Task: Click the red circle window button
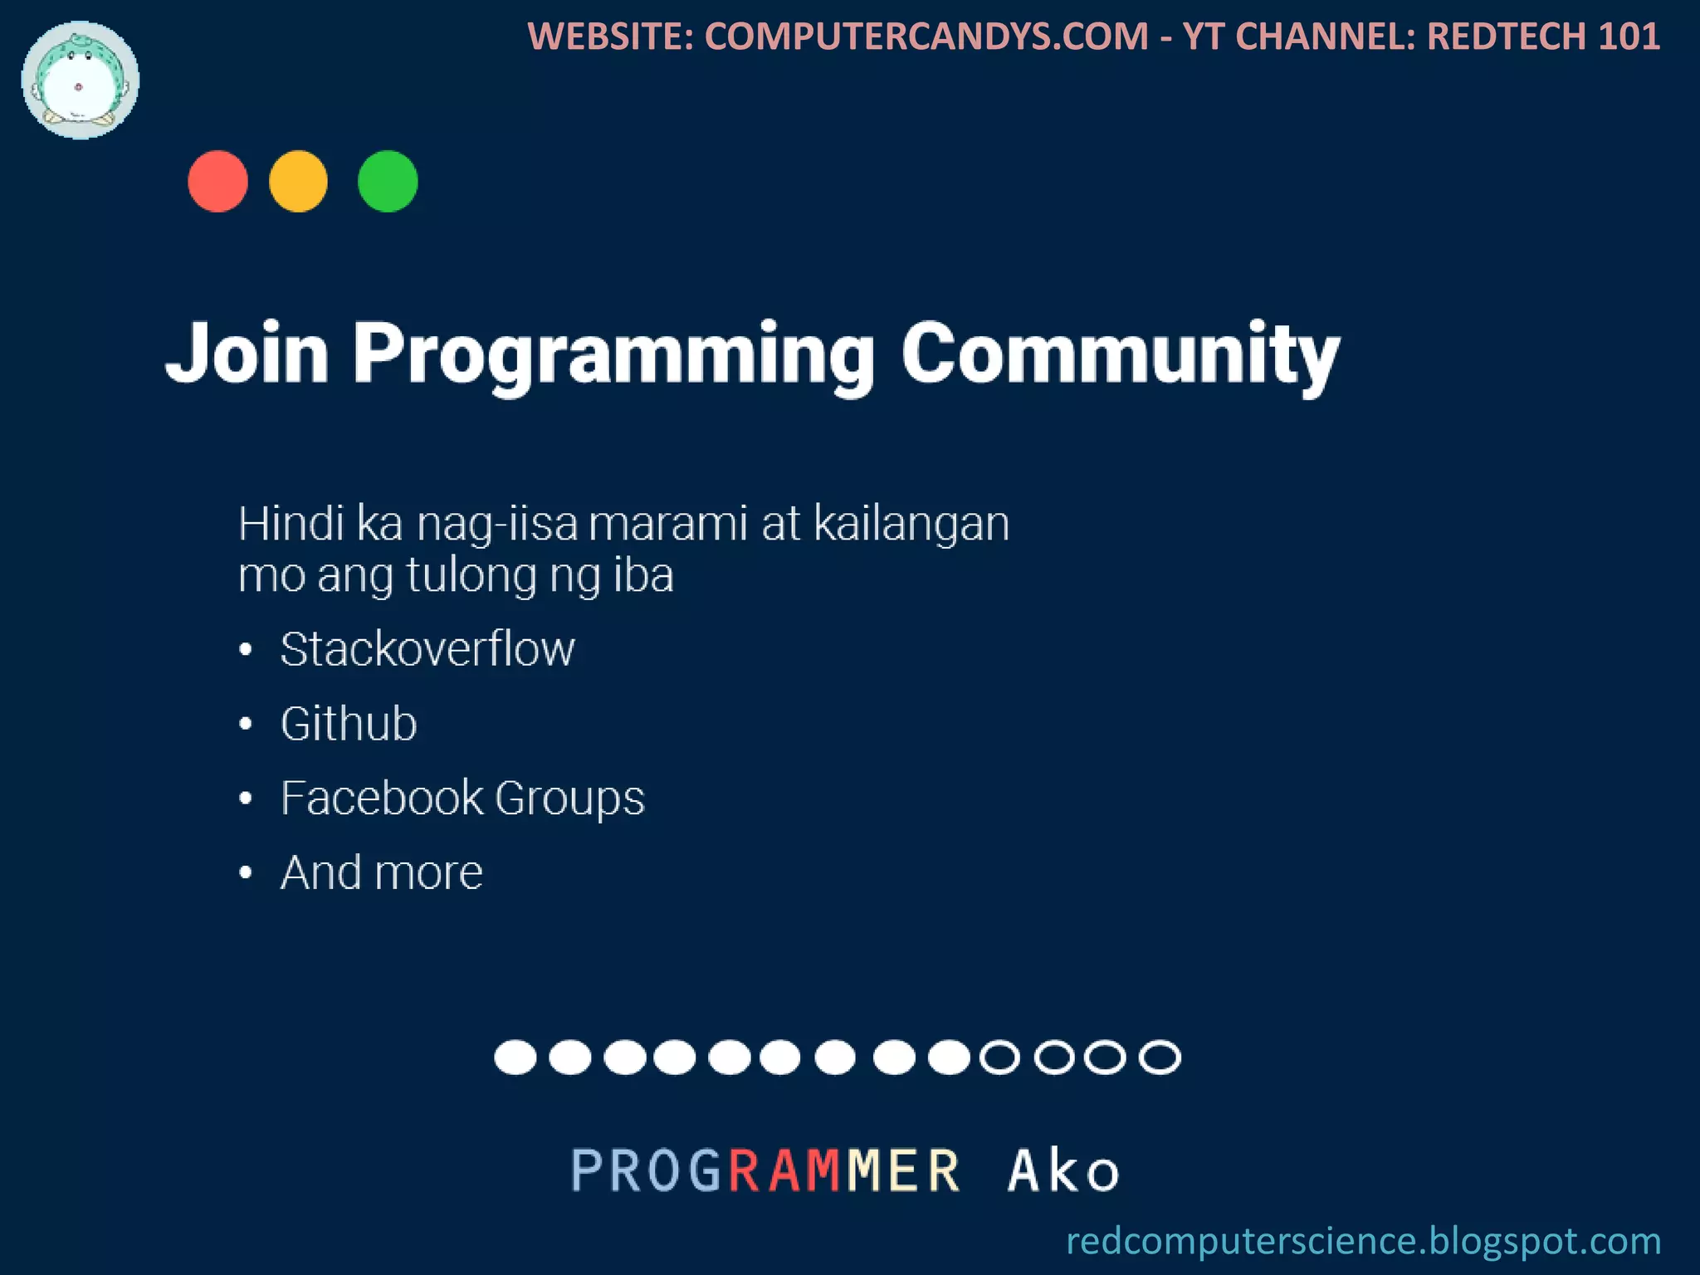click(217, 181)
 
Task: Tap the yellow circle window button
click(298, 181)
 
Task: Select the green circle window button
click(388, 181)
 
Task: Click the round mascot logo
click(80, 81)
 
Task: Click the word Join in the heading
click(247, 354)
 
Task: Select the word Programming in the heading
click(614, 357)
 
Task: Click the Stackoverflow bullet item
click(427, 649)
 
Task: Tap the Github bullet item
click(349, 724)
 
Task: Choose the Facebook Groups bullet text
click(462, 799)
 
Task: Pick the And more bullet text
click(381, 873)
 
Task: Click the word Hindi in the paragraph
click(291, 525)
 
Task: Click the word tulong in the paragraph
click(471, 576)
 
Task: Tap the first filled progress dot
click(515, 1058)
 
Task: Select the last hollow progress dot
click(1160, 1058)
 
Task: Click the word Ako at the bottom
click(1062, 1170)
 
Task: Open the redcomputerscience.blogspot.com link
click(1363, 1241)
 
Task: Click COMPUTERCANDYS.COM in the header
click(926, 37)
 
